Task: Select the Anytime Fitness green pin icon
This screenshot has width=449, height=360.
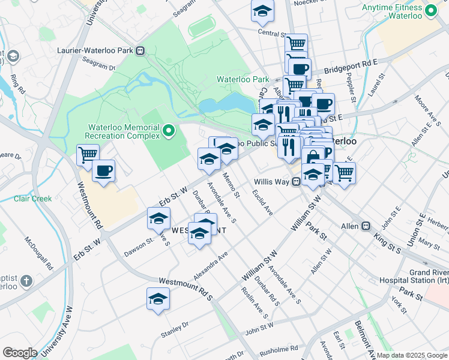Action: click(x=430, y=11)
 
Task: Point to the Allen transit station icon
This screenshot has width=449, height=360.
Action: click(x=366, y=226)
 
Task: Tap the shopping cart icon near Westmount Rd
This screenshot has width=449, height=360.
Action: click(x=88, y=155)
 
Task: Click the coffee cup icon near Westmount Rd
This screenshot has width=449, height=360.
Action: click(x=103, y=171)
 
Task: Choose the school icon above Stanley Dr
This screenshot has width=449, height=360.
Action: click(x=158, y=299)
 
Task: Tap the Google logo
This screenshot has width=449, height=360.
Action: click(x=20, y=353)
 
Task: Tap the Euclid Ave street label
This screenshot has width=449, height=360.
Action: click(x=262, y=202)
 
